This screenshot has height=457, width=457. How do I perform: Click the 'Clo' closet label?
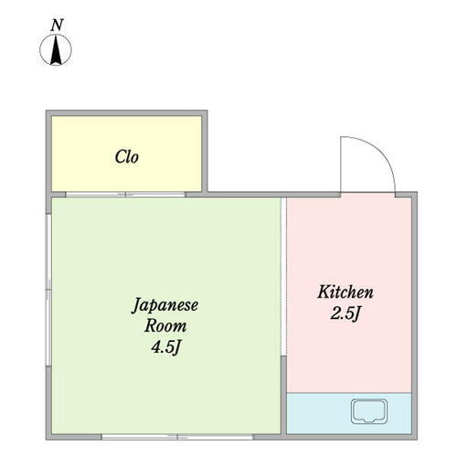(126, 156)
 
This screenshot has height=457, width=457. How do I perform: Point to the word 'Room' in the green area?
(165, 325)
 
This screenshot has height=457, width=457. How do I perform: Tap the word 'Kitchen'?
(345, 293)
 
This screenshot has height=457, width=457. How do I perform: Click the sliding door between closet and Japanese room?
(126, 195)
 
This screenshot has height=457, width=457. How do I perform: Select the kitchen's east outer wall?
(413, 311)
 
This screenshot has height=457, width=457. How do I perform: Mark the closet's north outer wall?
(126, 113)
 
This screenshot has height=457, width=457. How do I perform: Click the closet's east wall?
(204, 153)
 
